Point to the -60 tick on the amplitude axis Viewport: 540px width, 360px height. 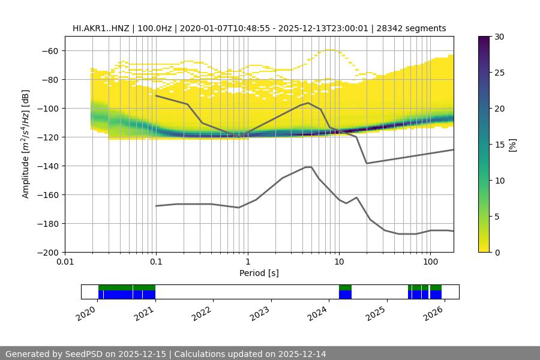coord(49,51)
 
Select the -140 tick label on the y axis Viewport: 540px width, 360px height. coord(47,166)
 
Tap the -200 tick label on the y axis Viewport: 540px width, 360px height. coord(47,253)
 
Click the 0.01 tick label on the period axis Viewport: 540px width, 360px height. coord(65,262)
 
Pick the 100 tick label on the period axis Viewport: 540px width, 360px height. coord(430,262)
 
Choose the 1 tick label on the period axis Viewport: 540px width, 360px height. coord(247,262)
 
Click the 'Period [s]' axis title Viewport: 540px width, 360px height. coord(259,273)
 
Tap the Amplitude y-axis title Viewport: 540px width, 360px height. coord(26,145)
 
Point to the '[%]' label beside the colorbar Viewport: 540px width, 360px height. coord(512,145)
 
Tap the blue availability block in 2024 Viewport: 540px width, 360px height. coord(345,294)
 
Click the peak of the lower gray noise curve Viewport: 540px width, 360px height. coord(308,167)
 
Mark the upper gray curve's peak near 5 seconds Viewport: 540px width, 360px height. coord(308,103)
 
